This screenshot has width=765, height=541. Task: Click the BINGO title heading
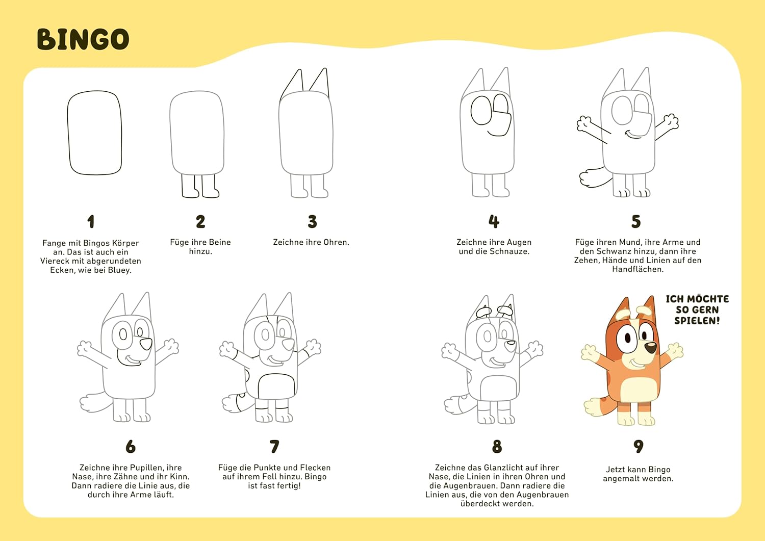[83, 39]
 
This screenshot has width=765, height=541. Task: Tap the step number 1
[90, 221]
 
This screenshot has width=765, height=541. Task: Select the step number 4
[494, 221]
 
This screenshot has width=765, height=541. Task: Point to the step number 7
[274, 446]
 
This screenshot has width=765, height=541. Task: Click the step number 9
[639, 446]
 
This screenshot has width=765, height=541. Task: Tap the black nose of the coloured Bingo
[651, 348]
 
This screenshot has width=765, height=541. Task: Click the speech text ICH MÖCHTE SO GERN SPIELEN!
[697, 310]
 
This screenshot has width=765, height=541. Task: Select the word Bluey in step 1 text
[119, 270]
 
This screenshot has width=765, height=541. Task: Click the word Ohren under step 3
[337, 242]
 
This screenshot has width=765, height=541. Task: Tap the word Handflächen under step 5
[637, 269]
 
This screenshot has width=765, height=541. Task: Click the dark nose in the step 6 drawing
[146, 344]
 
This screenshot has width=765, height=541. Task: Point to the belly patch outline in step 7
[259, 386]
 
